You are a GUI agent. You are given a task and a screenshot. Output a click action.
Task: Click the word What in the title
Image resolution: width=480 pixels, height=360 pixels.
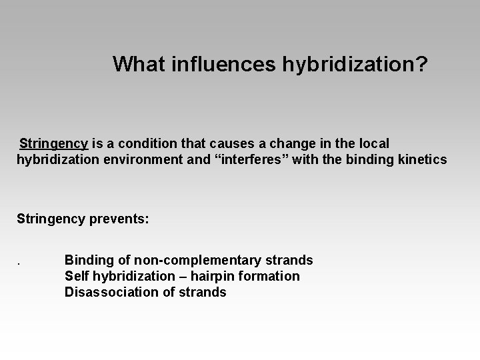[x=137, y=65]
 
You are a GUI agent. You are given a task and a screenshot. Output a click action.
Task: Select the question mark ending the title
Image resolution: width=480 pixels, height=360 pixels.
[x=423, y=65]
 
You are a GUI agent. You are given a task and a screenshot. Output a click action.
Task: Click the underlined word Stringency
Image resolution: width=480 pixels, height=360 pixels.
[x=53, y=143]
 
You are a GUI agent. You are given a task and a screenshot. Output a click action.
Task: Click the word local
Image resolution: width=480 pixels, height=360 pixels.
[x=375, y=143]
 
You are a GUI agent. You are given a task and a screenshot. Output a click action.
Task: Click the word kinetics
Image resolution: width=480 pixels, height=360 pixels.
[x=424, y=160]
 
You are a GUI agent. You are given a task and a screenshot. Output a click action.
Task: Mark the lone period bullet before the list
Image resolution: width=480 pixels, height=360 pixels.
[x=18, y=261]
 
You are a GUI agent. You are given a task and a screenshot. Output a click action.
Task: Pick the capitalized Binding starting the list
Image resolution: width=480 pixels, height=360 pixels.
[x=89, y=260]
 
